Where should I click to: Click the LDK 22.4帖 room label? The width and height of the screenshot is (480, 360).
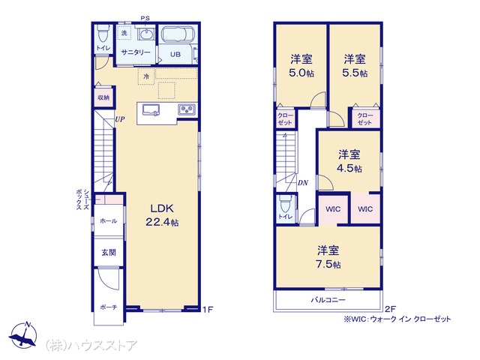pyautogui.click(x=162, y=215)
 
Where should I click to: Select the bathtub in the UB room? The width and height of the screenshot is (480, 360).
pyautogui.click(x=178, y=34)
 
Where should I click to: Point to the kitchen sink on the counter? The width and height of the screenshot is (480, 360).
pyautogui.click(x=151, y=110)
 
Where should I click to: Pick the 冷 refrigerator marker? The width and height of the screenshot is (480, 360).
pyautogui.click(x=146, y=76)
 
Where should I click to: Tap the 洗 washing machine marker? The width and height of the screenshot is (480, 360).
pyautogui.click(x=124, y=32)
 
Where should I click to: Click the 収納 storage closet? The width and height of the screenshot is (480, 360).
pyautogui.click(x=103, y=97)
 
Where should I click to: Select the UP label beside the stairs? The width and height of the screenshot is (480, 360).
pyautogui.click(x=120, y=119)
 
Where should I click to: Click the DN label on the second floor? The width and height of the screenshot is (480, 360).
pyautogui.click(x=303, y=183)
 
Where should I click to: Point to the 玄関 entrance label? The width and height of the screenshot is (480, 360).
pyautogui.click(x=109, y=253)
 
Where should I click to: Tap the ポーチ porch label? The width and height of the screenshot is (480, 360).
pyautogui.click(x=109, y=307)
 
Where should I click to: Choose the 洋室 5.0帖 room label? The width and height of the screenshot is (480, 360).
pyautogui.click(x=301, y=65)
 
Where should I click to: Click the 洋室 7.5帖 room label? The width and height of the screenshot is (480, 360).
pyautogui.click(x=328, y=256)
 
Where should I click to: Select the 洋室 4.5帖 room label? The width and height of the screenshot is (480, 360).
pyautogui.click(x=349, y=161)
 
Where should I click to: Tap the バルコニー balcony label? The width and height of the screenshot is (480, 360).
pyautogui.click(x=328, y=300)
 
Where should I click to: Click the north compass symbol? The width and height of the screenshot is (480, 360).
pyautogui.click(x=23, y=336)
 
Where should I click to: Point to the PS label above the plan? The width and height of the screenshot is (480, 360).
pyautogui.click(x=145, y=18)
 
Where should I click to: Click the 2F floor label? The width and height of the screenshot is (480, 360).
pyautogui.click(x=390, y=309)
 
